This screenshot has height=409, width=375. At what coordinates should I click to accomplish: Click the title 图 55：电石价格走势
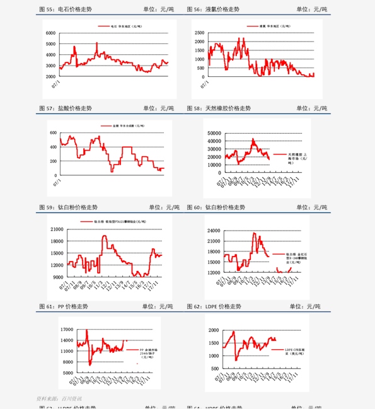tap(65, 9)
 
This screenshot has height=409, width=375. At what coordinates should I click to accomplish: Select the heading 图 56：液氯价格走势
tap(213, 9)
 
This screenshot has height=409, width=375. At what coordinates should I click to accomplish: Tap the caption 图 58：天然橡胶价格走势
tap(219, 108)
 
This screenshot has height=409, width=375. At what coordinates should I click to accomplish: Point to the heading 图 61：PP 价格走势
tap(64, 306)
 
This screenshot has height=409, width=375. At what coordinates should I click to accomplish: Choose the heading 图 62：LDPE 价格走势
tap(214, 306)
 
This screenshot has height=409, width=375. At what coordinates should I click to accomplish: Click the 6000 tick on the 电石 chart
tap(52, 33)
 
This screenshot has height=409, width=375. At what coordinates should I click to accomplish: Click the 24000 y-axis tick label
tap(212, 231)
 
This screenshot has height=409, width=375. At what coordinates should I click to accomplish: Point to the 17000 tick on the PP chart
tap(66, 330)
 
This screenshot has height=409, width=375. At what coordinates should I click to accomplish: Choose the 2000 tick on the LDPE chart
tap(214, 330)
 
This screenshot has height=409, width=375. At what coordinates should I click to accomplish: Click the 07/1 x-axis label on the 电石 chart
tap(56, 83)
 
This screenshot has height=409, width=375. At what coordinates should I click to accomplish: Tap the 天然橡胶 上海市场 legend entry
tap(297, 158)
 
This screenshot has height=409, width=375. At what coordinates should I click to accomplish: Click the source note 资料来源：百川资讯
tap(59, 398)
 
